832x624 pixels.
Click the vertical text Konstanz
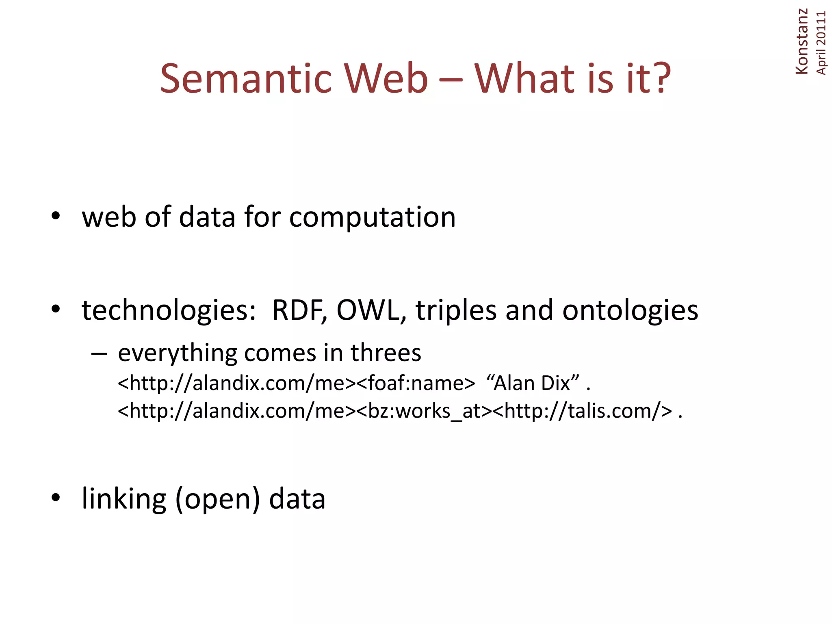[802, 41]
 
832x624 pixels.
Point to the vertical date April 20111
[821, 43]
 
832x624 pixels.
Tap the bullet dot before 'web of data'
[56, 216]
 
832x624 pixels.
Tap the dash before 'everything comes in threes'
[99, 353]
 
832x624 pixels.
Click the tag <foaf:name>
[416, 383]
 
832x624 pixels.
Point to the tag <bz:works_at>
[424, 411]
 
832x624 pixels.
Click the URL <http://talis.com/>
[582, 411]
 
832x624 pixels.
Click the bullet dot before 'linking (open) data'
[56, 497]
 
